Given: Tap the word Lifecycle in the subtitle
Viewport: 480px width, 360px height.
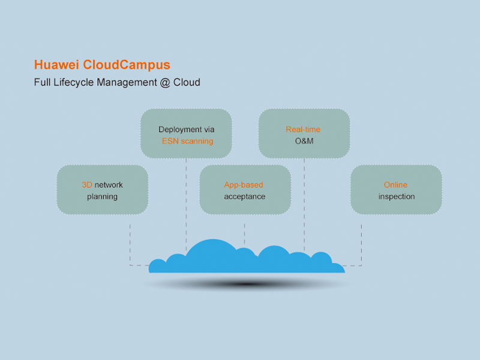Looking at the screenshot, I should coord(74,82).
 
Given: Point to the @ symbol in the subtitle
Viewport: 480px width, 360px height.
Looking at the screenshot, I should coord(165,82).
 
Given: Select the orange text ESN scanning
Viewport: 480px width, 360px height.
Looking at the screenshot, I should coord(187,142).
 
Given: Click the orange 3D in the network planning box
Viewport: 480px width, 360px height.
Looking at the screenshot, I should coord(87,185).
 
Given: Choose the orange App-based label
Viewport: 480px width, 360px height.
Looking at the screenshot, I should coord(244,185).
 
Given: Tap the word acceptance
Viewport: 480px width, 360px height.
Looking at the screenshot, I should coord(245,196).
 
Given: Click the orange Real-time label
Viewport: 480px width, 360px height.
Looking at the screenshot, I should coord(303,129).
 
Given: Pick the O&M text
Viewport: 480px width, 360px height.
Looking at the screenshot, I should coord(304,142).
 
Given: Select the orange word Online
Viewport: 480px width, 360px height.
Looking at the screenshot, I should coord(395,185).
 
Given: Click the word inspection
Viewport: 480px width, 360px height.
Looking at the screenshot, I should coord(396,196).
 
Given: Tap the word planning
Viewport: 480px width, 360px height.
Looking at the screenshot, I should coord(102,196).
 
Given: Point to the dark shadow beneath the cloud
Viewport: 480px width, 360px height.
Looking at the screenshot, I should coord(246,283).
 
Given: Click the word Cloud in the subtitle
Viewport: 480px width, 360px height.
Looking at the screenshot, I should coord(187,82).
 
